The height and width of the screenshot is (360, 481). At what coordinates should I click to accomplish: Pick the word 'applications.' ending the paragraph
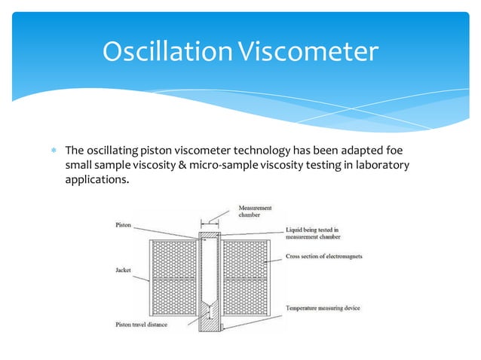[x=92, y=180]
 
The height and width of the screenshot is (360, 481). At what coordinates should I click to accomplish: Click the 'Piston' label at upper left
[x=124, y=224]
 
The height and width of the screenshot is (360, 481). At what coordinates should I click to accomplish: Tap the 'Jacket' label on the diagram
[x=124, y=269]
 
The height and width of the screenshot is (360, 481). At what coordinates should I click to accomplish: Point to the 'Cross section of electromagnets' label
[x=324, y=257]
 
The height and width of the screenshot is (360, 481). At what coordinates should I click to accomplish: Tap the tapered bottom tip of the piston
[x=211, y=311]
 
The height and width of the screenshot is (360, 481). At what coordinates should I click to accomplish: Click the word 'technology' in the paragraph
[x=256, y=150]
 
